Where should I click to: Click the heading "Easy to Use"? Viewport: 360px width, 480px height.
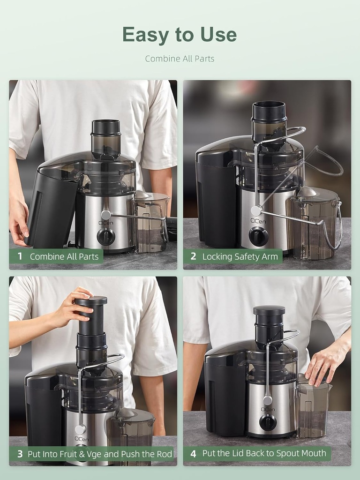pyautogui.click(x=180, y=35)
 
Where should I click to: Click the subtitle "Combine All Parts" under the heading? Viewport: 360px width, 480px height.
pyautogui.click(x=180, y=59)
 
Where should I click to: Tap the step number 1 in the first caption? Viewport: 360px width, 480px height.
pyautogui.click(x=20, y=256)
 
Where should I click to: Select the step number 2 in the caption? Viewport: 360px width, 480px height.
pyautogui.click(x=193, y=256)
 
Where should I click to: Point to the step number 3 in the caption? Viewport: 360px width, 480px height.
pyautogui.click(x=20, y=454)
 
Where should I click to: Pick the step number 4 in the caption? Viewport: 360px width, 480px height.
pyautogui.click(x=193, y=453)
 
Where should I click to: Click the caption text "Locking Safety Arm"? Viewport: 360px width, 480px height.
pyautogui.click(x=240, y=256)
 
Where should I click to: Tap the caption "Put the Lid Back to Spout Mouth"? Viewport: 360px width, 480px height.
pyautogui.click(x=264, y=453)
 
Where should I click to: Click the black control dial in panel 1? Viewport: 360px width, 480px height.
pyautogui.click(x=106, y=236)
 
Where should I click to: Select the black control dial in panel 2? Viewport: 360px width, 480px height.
pyautogui.click(x=258, y=236)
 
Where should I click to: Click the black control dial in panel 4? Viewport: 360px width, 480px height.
pyautogui.click(x=268, y=422)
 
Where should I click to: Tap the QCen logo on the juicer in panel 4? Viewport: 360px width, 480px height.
pyautogui.click(x=268, y=409)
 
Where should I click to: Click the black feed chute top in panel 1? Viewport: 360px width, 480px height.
pyautogui.click(x=105, y=127)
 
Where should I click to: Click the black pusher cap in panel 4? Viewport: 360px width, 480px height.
pyautogui.click(x=269, y=311)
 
